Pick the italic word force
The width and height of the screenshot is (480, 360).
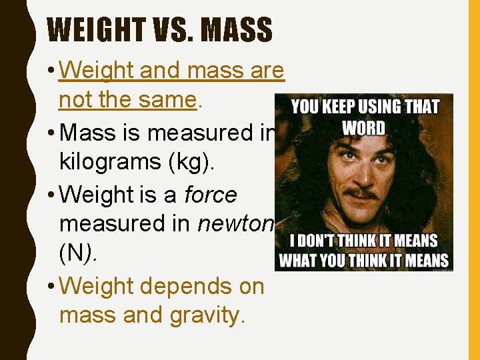coord(210,195)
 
